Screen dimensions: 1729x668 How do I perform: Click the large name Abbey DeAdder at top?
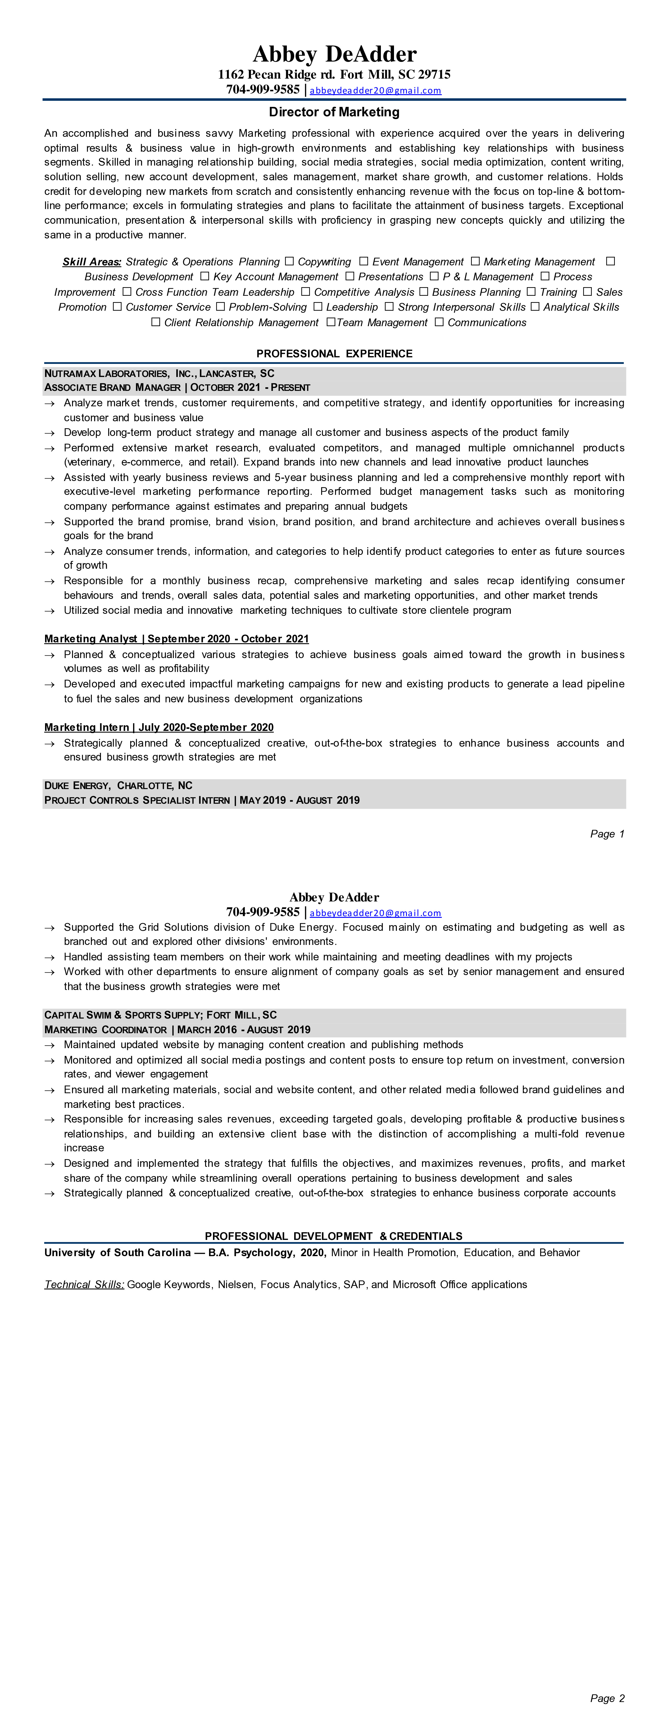point(334,54)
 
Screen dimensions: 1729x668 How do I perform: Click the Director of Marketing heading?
point(334,112)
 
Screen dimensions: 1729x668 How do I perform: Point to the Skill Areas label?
point(92,262)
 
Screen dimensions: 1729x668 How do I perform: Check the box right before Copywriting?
point(289,261)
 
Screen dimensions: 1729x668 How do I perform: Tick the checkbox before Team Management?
point(330,322)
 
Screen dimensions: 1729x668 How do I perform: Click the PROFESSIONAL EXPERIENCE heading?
point(334,354)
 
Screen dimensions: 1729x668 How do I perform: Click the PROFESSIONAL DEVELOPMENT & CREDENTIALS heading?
point(334,1236)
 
